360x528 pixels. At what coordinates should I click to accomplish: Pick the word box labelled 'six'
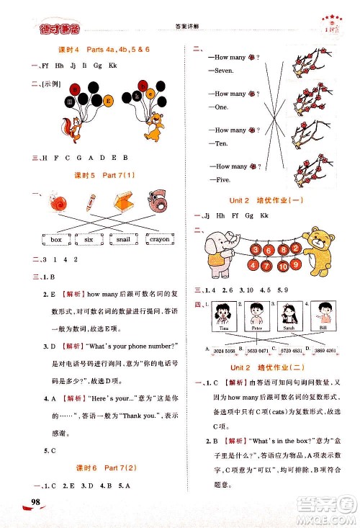point(89,238)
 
